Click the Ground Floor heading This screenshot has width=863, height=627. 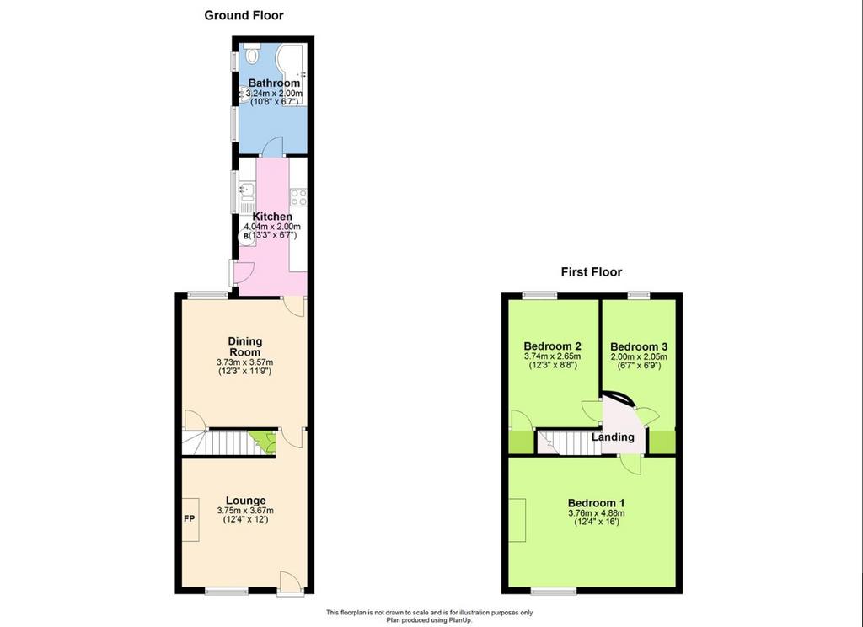(x=244, y=15)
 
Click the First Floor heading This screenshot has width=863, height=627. (x=591, y=272)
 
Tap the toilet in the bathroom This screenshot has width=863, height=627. (x=253, y=53)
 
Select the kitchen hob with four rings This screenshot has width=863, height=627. (x=298, y=196)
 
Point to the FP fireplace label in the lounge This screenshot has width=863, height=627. (x=189, y=518)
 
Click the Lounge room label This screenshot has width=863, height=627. (x=245, y=501)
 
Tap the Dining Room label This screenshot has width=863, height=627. (x=245, y=347)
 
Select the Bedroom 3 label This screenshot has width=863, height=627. (x=639, y=347)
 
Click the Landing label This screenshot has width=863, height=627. (x=613, y=437)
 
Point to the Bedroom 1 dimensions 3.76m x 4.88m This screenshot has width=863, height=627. (x=597, y=513)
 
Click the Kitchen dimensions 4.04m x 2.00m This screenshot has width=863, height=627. (x=272, y=227)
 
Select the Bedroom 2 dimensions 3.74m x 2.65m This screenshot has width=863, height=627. (x=553, y=356)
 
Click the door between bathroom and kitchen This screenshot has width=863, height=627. (x=272, y=147)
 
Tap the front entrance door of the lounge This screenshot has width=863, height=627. (x=291, y=581)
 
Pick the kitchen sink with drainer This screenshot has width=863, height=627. (x=247, y=198)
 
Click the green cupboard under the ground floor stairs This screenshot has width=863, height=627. (x=263, y=442)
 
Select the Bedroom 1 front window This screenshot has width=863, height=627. (x=554, y=592)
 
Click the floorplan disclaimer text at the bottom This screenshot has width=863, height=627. (x=429, y=616)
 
